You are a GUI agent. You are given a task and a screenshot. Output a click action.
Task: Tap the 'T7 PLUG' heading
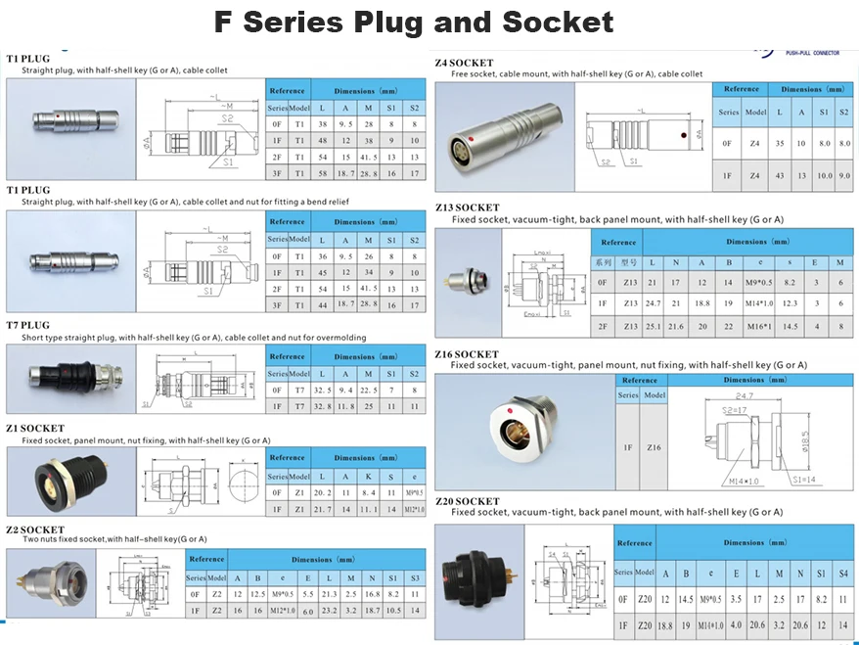tap(28, 324)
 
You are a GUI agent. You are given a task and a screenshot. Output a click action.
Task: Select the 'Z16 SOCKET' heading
tap(467, 354)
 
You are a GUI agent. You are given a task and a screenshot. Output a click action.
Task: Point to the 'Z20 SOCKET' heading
tap(467, 501)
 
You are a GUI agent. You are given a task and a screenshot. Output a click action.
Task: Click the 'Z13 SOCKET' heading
tap(467, 208)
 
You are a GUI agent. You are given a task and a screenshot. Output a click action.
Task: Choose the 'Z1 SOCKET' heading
tap(35, 429)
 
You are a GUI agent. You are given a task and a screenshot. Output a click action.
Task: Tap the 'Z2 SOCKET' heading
tap(35, 530)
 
